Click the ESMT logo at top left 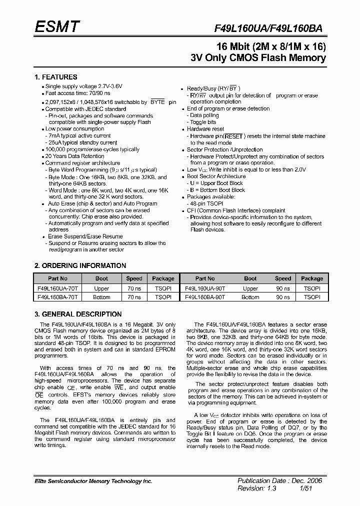(56, 27)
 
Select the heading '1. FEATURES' (55, 77)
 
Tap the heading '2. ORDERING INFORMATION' (80, 265)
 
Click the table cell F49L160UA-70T (57, 288)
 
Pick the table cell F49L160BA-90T (205, 297)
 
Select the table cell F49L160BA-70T (57, 297)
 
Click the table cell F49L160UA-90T (205, 288)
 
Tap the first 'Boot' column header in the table (101, 278)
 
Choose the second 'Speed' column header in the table (282, 278)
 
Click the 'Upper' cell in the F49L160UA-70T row (101, 288)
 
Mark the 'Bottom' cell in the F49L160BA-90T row (250, 297)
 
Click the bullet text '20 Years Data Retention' (75, 156)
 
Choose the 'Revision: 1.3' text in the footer (257, 488)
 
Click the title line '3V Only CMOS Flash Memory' (258, 58)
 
